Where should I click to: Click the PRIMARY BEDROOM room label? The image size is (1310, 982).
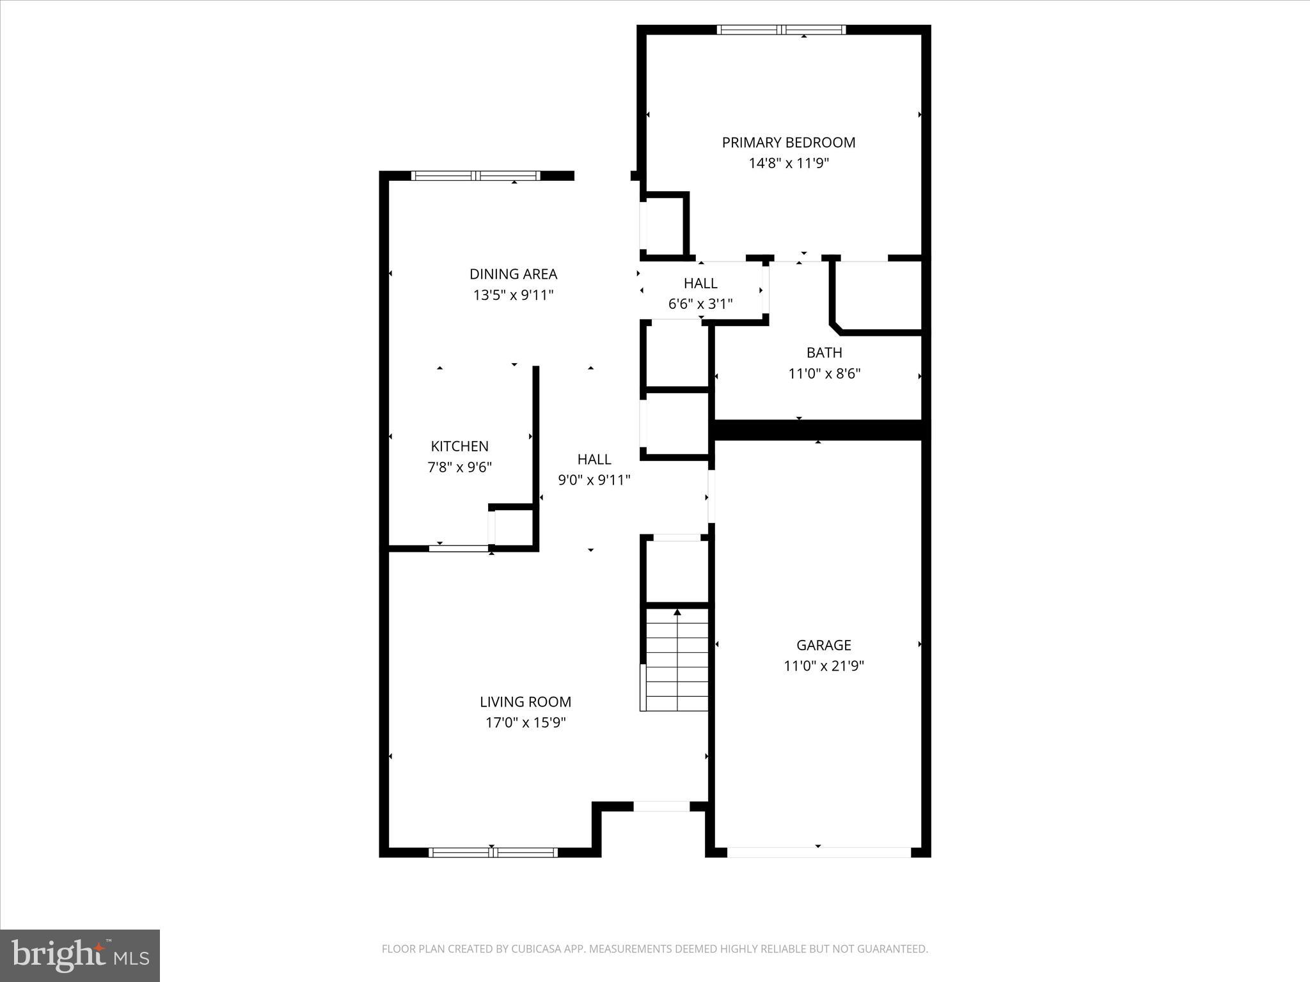click(788, 143)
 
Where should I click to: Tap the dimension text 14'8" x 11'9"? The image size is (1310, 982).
click(788, 164)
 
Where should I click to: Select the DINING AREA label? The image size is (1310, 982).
click(513, 274)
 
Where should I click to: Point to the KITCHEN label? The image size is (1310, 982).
click(459, 446)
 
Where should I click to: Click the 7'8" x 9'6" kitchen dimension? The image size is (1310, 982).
click(459, 467)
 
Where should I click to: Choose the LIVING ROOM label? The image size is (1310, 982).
click(525, 702)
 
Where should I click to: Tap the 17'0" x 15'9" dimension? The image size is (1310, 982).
click(525, 723)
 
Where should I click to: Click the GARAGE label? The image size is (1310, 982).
click(823, 645)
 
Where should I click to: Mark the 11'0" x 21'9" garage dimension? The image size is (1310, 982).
click(823, 666)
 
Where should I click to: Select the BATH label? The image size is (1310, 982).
click(824, 353)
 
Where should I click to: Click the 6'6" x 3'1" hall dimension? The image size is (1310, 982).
click(700, 304)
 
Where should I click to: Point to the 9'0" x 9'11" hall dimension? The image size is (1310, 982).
click(594, 480)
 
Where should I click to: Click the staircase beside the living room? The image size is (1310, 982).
click(677, 662)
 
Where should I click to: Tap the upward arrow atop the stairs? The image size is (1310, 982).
click(677, 612)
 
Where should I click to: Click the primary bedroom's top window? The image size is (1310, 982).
click(781, 29)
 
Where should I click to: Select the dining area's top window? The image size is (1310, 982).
click(475, 176)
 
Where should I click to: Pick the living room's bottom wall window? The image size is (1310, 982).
click(493, 852)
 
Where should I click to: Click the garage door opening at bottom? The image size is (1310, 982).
click(818, 852)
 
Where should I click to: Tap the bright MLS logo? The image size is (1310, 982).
click(80, 955)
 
